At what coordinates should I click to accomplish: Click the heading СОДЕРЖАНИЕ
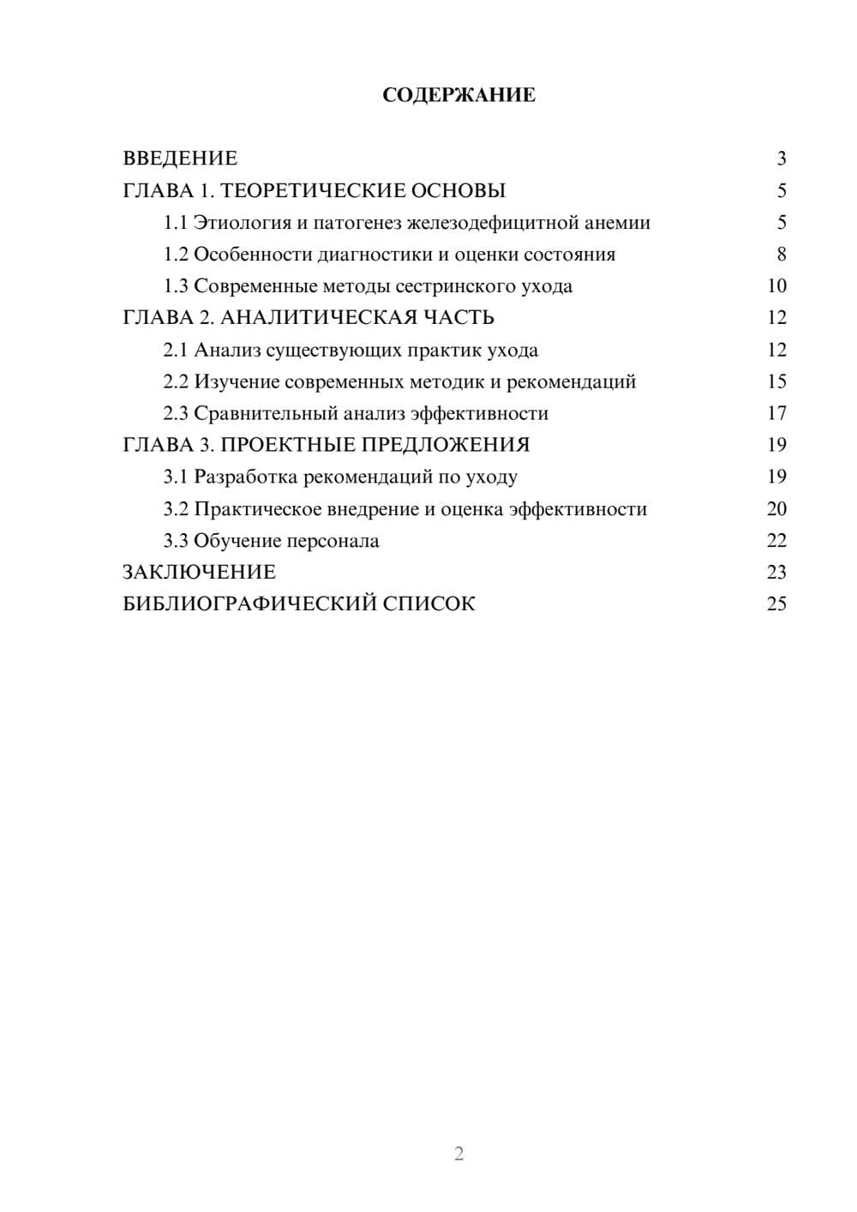(x=458, y=95)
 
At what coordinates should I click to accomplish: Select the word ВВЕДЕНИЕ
(x=180, y=159)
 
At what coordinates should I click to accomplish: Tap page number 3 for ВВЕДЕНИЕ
(x=781, y=159)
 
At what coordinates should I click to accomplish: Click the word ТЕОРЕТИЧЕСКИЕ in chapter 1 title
(x=308, y=190)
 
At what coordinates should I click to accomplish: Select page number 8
(x=781, y=255)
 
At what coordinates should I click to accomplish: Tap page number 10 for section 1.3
(x=776, y=286)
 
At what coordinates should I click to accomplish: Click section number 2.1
(x=176, y=350)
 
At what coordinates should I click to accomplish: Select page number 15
(x=776, y=381)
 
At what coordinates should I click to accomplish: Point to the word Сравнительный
(x=266, y=413)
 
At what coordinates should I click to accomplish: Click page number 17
(x=776, y=413)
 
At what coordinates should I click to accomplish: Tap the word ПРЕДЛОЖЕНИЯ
(x=446, y=445)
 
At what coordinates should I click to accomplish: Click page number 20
(x=776, y=509)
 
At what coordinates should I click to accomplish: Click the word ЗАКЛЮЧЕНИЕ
(x=199, y=573)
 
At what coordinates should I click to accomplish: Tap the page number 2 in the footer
(x=458, y=1154)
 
